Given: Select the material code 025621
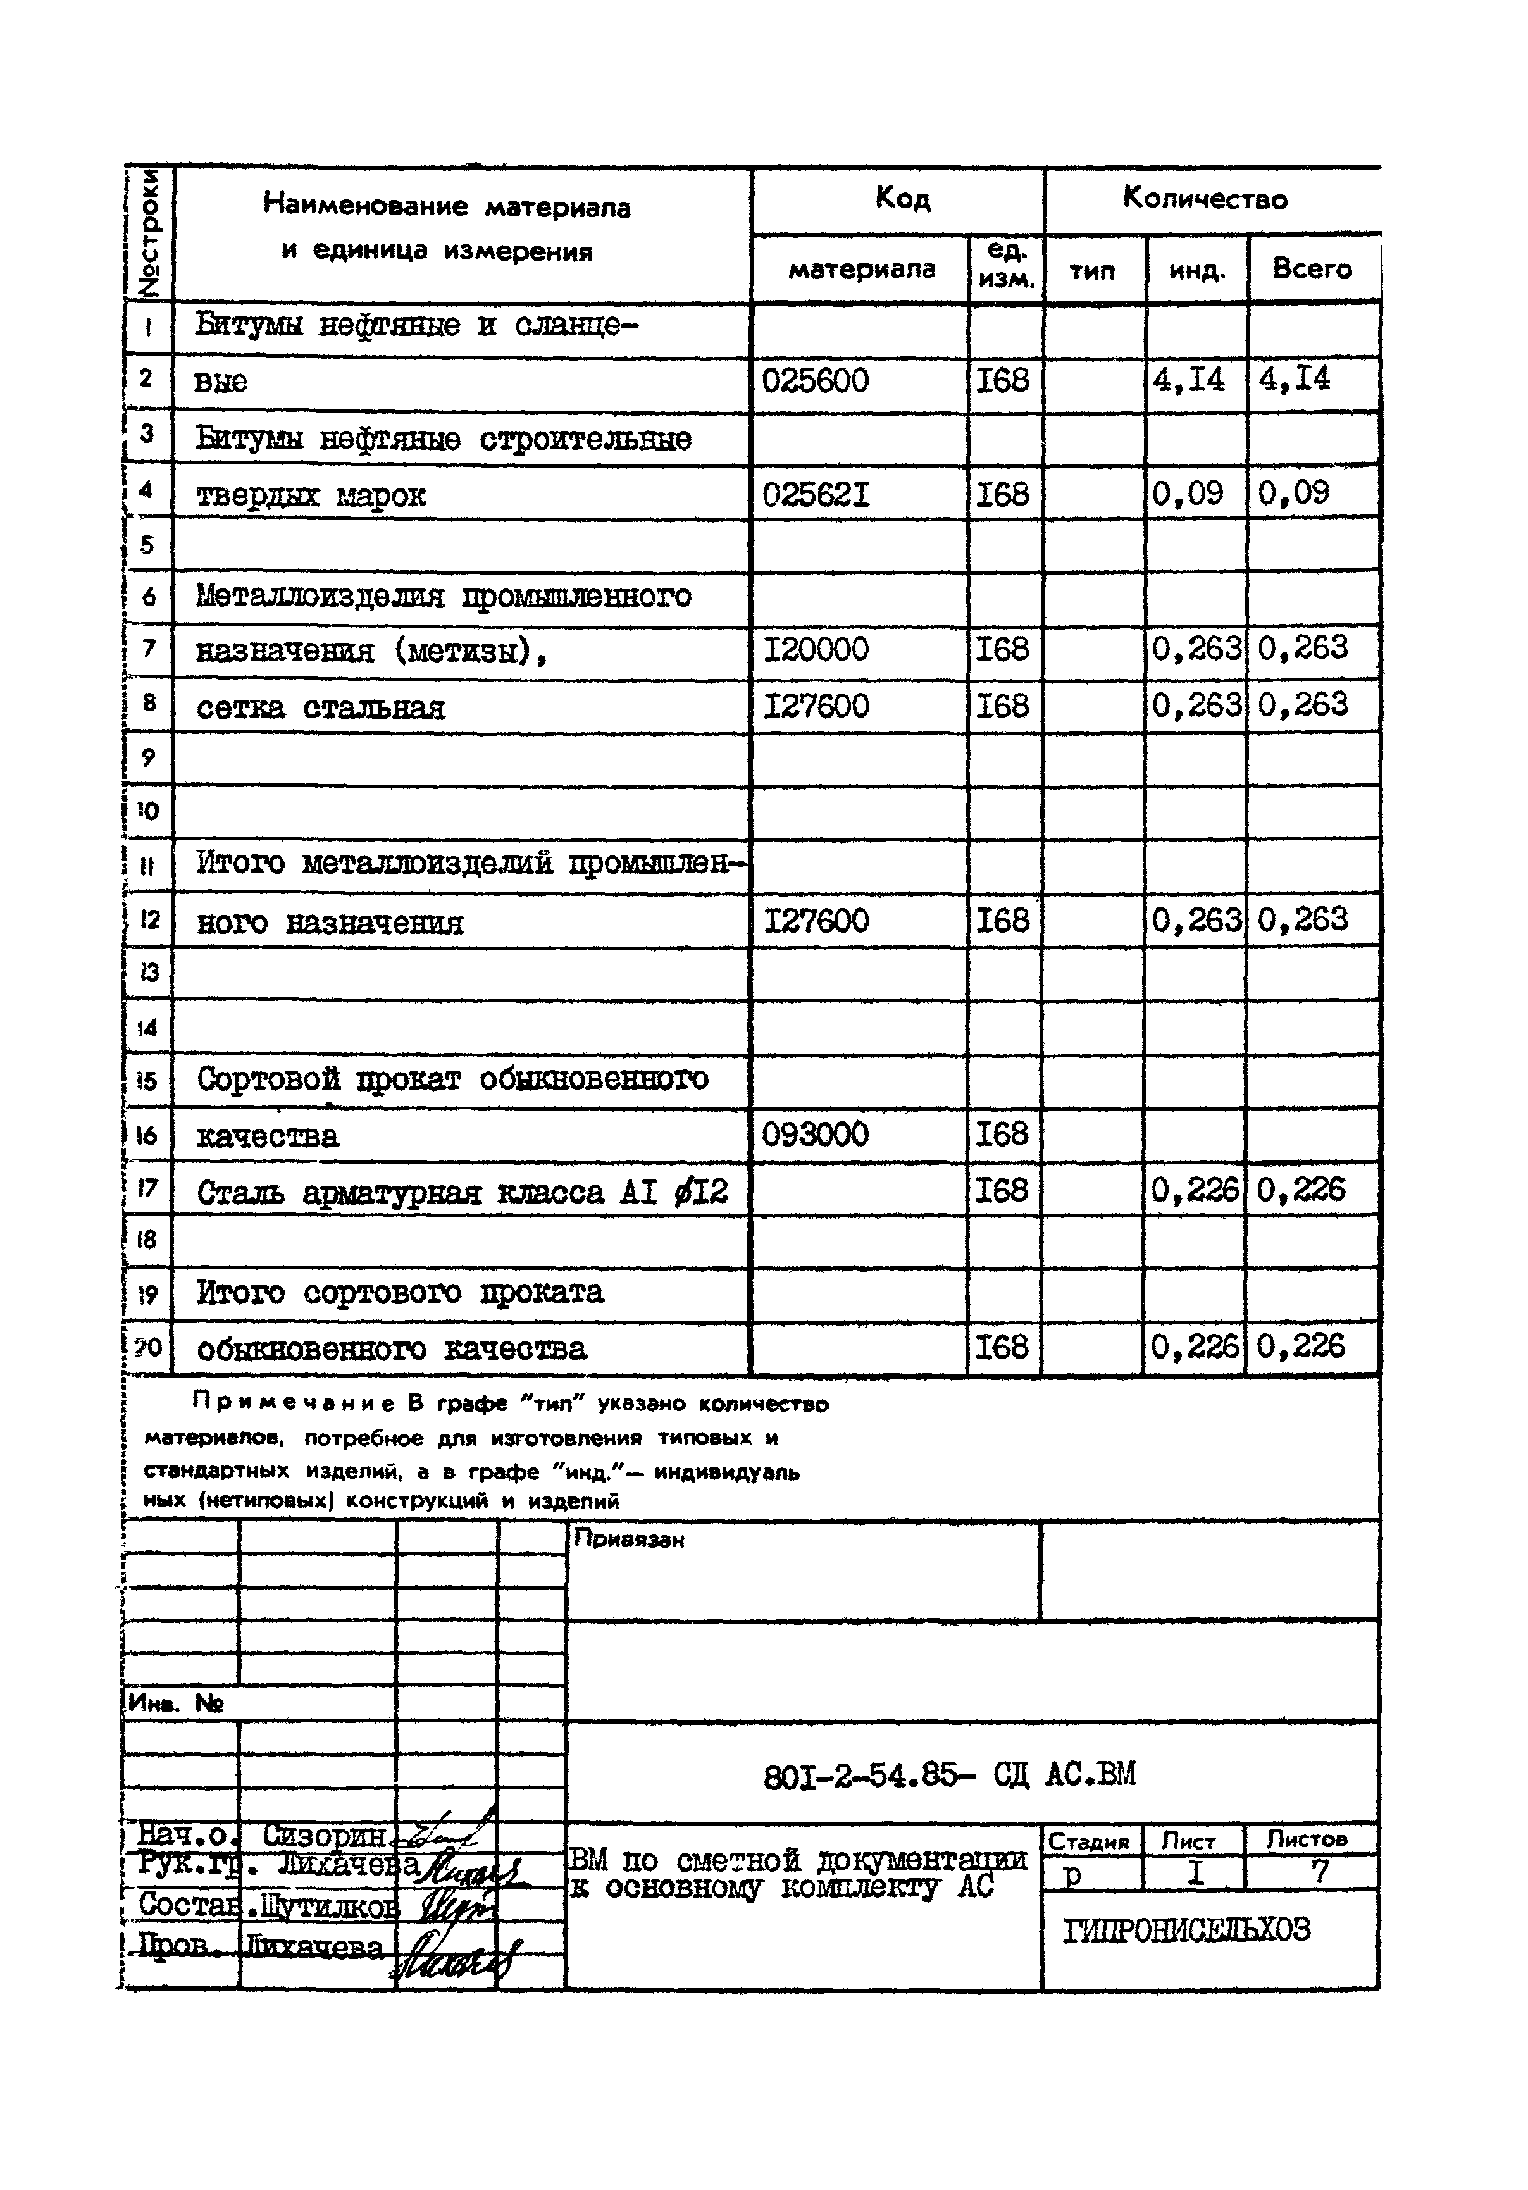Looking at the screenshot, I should [x=816, y=495].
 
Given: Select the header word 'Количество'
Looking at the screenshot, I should [x=1205, y=199].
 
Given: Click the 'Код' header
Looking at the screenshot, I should [x=902, y=199].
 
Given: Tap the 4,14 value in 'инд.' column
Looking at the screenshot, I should [x=1188, y=380].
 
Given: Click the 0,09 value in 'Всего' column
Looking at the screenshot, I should [x=1293, y=493].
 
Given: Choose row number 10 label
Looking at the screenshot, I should [x=148, y=812].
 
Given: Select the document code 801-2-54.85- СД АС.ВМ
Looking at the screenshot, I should [x=949, y=1775].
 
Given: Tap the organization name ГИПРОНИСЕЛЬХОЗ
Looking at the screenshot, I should [x=1186, y=1929].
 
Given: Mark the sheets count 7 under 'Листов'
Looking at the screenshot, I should [x=1320, y=1872].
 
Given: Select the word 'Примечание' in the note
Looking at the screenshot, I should [x=293, y=1403].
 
